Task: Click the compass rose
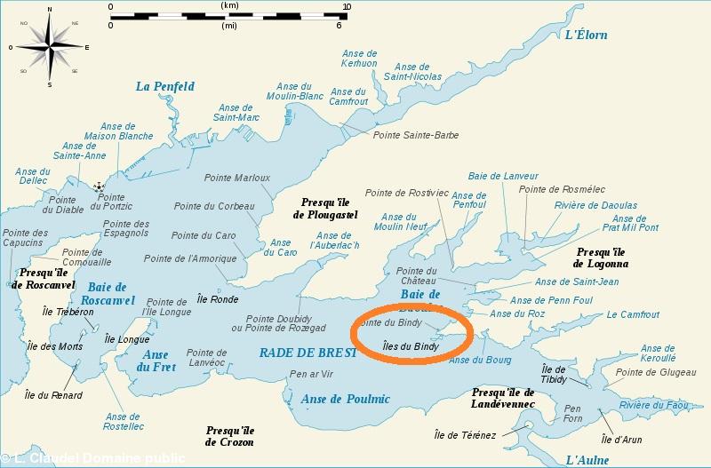[48, 46]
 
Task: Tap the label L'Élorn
[587, 36]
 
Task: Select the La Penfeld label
[164, 86]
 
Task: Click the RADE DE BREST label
[308, 353]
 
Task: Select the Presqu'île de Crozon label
[229, 435]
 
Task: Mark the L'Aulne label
[588, 459]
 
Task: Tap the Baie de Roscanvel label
[110, 293]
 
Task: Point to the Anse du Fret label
[155, 361]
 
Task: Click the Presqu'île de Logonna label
[601, 258]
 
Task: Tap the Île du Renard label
[53, 395]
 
